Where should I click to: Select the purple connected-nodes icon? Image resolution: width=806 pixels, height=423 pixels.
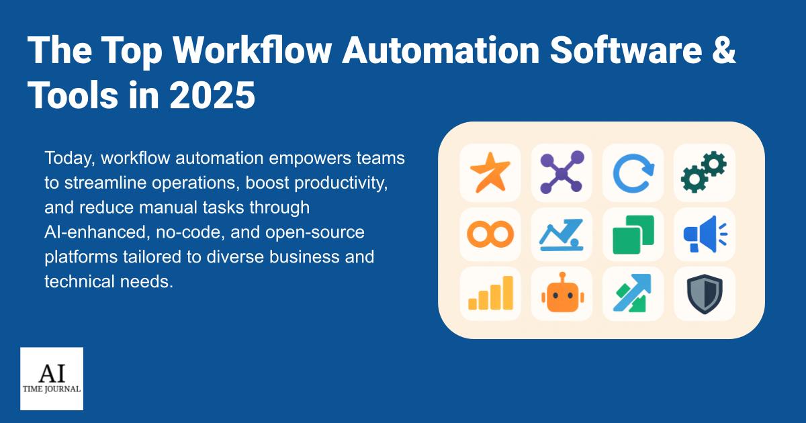coord(562,173)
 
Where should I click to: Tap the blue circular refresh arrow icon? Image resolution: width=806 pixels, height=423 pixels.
coord(633,173)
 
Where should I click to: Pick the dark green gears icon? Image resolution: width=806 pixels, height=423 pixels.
coord(704,173)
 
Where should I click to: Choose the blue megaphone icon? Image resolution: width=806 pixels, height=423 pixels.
coord(704,234)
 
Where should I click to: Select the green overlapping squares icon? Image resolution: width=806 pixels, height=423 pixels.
coord(633,234)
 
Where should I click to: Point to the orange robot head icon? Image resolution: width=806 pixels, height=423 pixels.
coord(562,295)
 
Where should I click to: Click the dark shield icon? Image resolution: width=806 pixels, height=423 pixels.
coord(704,295)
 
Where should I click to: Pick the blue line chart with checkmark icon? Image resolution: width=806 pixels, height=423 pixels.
coord(562,234)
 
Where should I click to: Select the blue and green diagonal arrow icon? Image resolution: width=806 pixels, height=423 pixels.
coord(633,295)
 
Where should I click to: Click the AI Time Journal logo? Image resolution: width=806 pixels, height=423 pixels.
coord(52,379)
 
